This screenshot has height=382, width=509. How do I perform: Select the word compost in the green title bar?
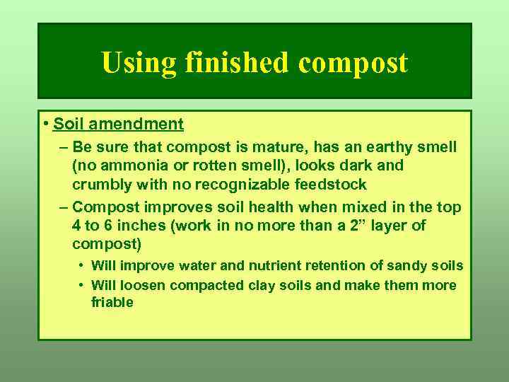click(353, 64)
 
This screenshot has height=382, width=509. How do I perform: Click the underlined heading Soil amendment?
click(118, 125)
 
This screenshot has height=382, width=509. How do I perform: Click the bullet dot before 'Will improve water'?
click(82, 266)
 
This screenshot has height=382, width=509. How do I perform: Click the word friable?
click(112, 302)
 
